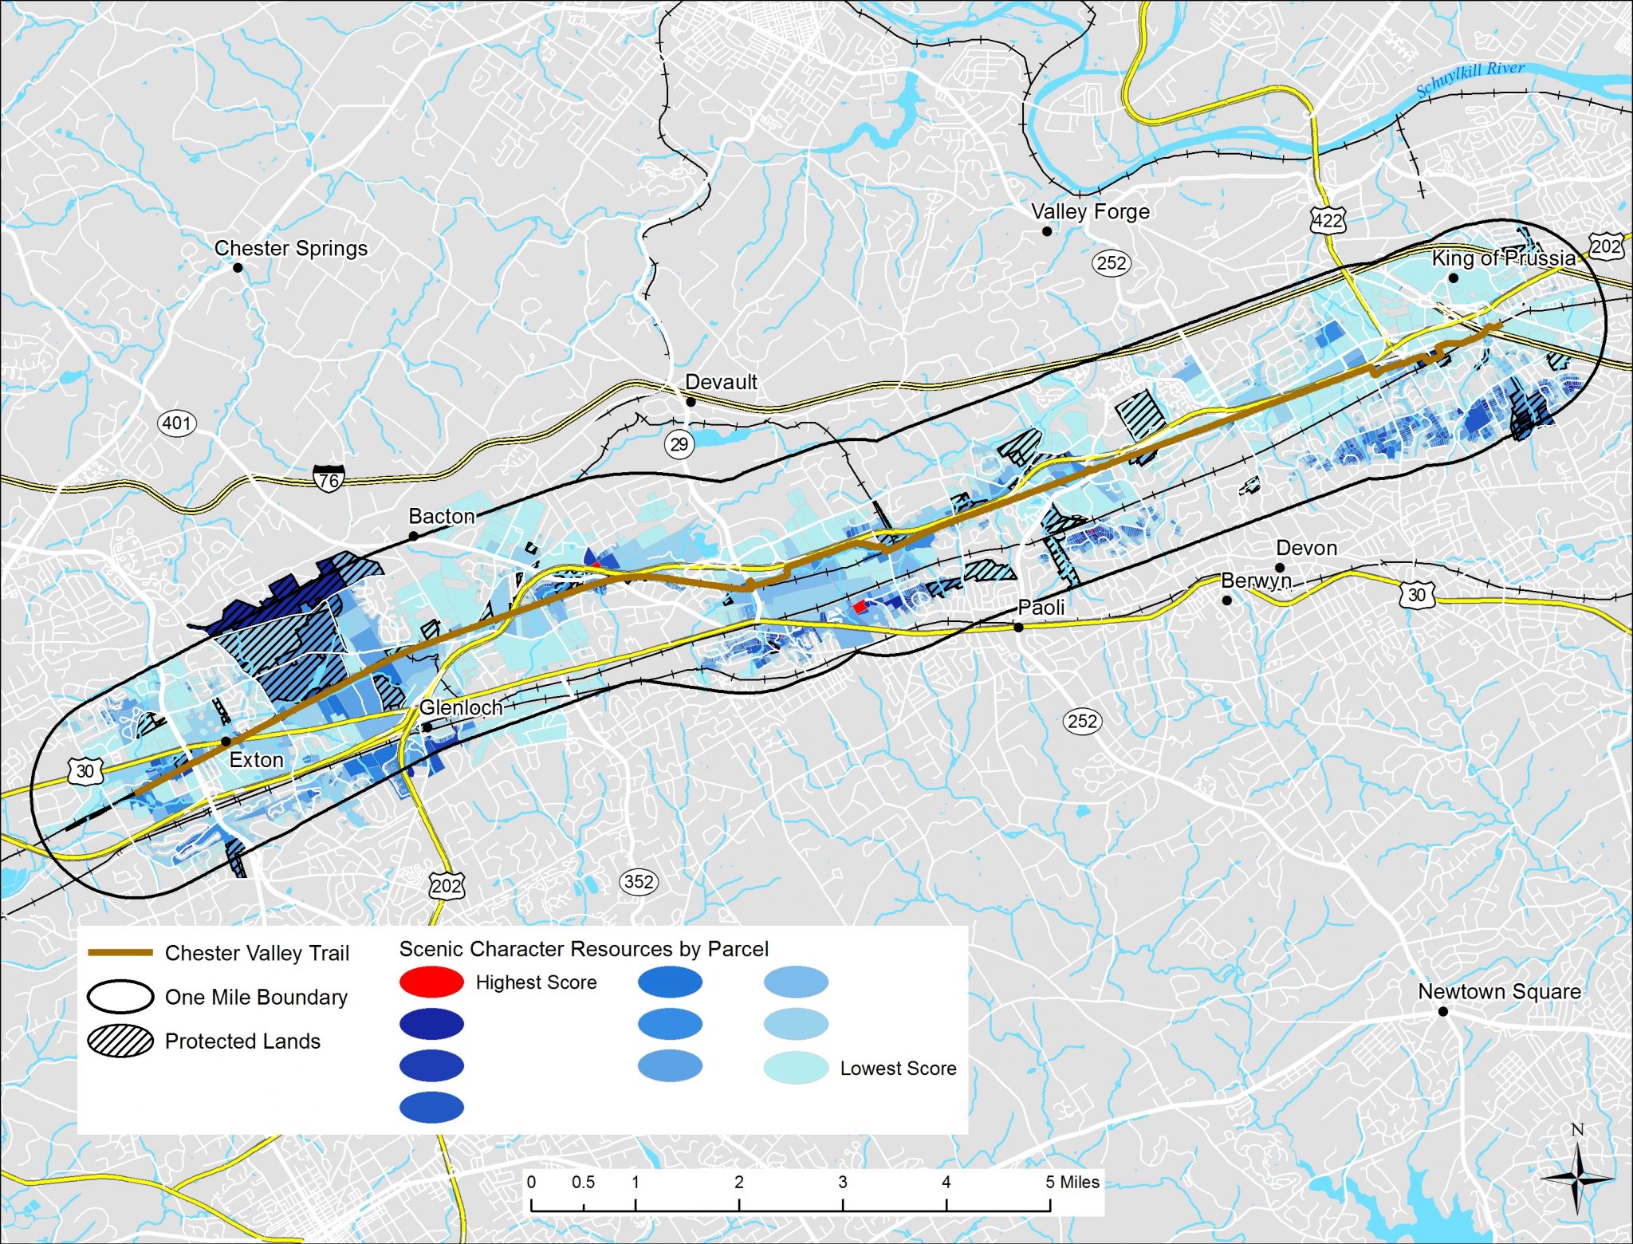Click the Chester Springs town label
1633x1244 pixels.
[291, 248]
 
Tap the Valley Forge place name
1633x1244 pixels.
[1090, 211]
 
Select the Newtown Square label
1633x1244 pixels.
[1499, 991]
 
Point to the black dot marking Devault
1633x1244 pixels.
[691, 402]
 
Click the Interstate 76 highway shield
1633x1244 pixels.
[329, 478]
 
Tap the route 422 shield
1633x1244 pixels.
[1328, 219]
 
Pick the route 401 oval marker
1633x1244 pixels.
[176, 423]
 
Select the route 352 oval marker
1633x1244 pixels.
[639, 881]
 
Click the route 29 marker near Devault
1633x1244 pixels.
[679, 444]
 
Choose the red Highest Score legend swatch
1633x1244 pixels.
[431, 982]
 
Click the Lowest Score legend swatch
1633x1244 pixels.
[796, 1068]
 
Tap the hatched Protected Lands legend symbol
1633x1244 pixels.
[120, 1041]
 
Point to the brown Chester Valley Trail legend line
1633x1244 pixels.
[120, 952]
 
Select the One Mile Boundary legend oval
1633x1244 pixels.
[120, 997]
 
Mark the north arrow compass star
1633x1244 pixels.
[1576, 1177]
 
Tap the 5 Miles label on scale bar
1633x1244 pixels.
[1072, 1182]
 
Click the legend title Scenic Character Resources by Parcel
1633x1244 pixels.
[584, 949]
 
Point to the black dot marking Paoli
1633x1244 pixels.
[1018, 628]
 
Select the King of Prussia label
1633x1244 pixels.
[1503, 258]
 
